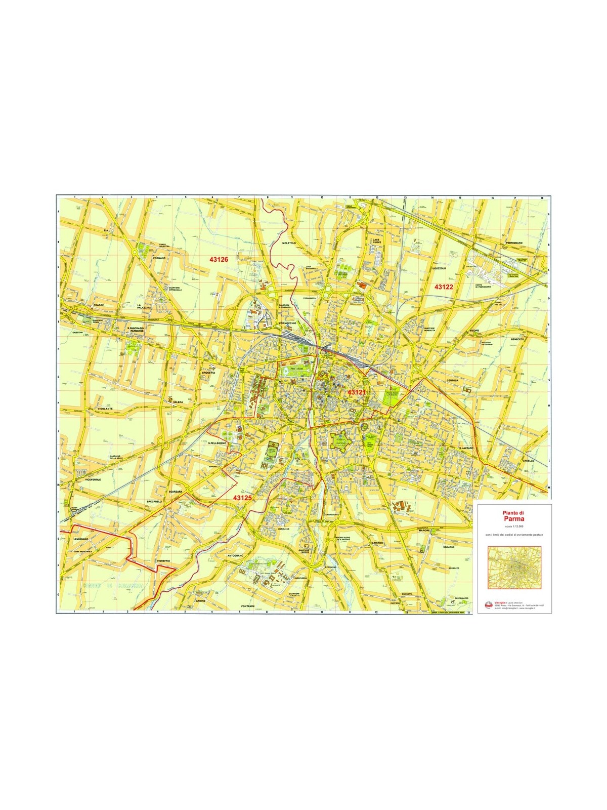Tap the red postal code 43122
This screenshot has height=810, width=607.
[444, 287]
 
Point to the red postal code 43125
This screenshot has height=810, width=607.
[242, 498]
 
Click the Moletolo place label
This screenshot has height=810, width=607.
[289, 243]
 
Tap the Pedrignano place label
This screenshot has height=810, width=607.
[513, 243]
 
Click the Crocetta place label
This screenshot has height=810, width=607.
[208, 373]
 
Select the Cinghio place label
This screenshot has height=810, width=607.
[283, 529]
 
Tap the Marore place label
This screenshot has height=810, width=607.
[424, 530]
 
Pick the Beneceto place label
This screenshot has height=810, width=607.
[517, 339]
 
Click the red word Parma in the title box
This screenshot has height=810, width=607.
[513, 519]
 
